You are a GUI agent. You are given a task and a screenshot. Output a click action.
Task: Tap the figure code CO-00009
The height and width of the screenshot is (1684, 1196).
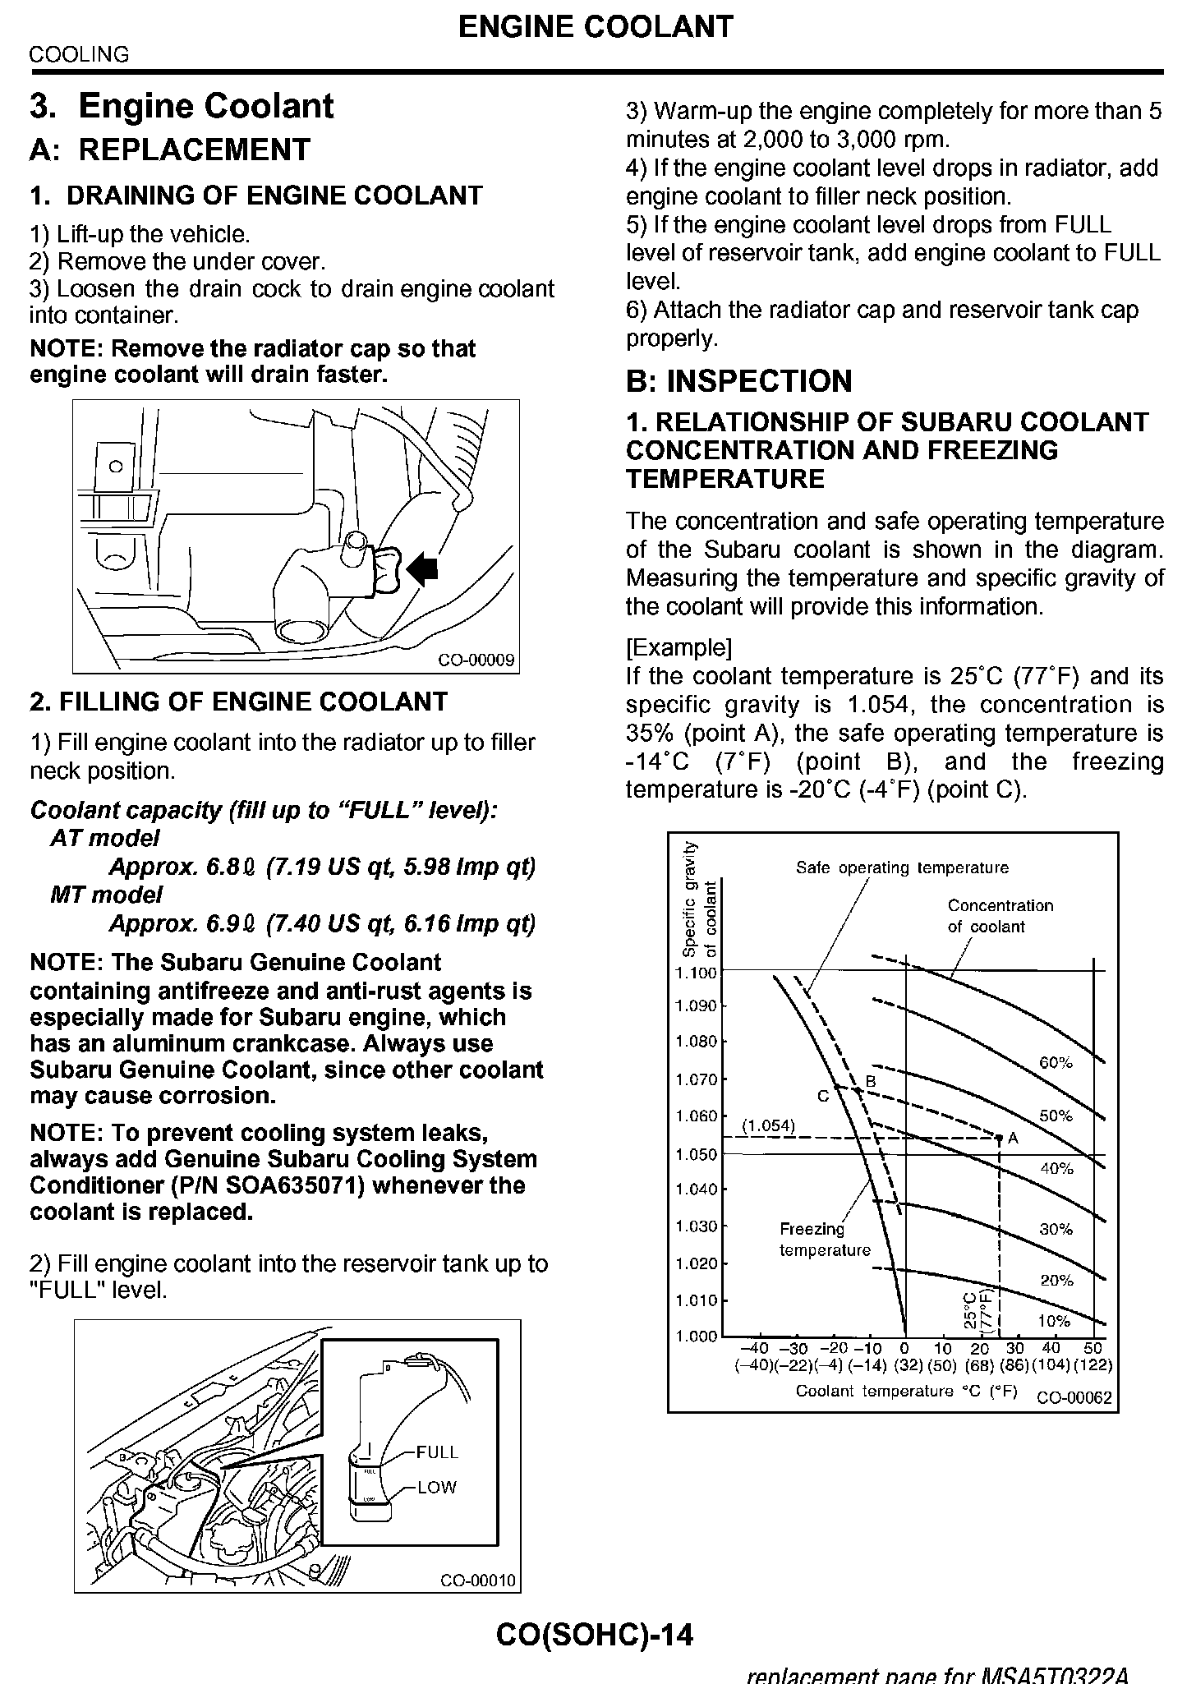point(476,660)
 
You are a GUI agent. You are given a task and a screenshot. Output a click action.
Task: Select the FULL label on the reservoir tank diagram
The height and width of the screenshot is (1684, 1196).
point(437,1452)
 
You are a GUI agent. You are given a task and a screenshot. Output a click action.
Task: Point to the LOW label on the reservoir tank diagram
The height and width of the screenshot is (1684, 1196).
point(437,1487)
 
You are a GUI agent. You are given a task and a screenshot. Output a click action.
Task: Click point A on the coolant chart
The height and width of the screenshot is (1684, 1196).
point(1000,1138)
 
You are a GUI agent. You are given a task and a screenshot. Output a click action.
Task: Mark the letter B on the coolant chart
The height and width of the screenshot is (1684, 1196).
point(872,1082)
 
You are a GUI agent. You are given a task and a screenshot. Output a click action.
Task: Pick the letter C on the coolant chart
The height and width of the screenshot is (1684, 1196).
point(822,1096)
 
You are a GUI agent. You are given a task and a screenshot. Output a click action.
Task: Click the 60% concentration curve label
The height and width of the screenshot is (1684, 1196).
point(1056,1062)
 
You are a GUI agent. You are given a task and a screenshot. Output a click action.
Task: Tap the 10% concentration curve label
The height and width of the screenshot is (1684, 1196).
point(1054,1321)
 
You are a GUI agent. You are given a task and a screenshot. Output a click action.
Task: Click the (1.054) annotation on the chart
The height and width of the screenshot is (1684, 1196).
point(768,1125)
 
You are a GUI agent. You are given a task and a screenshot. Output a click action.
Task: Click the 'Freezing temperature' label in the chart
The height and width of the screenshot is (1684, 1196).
point(824,1240)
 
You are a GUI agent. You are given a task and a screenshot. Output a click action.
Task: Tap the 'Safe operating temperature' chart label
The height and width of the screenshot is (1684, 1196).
point(902,867)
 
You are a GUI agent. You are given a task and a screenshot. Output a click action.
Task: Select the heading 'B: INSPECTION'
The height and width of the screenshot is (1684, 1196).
point(739,381)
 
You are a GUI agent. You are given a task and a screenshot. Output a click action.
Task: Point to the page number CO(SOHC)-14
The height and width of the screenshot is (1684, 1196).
point(595,1635)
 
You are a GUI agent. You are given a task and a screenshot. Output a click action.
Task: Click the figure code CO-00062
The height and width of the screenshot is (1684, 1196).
point(1074,1397)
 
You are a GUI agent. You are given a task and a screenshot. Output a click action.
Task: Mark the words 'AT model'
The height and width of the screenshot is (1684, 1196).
point(105,838)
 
